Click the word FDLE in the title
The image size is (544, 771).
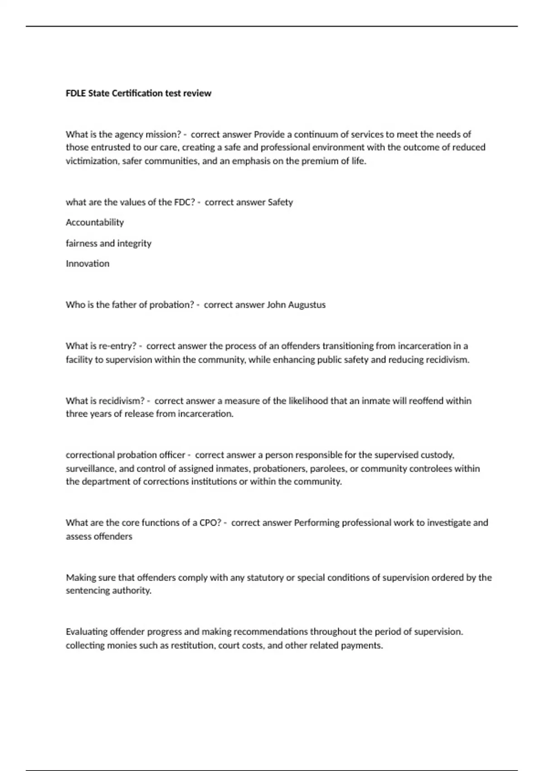(76, 93)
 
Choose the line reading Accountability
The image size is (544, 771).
(95, 222)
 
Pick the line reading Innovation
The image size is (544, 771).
(87, 264)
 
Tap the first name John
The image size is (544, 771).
(276, 305)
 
